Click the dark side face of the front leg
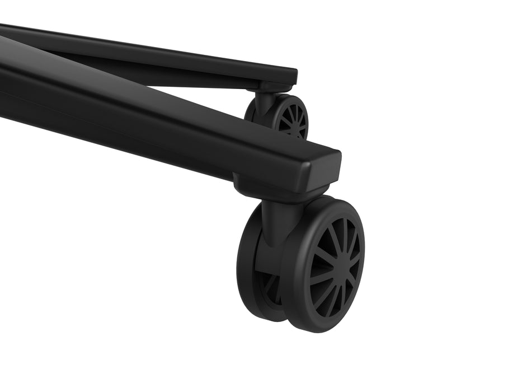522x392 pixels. pyautogui.click(x=140, y=129)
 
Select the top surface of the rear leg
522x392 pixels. pyautogui.click(x=140, y=48)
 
